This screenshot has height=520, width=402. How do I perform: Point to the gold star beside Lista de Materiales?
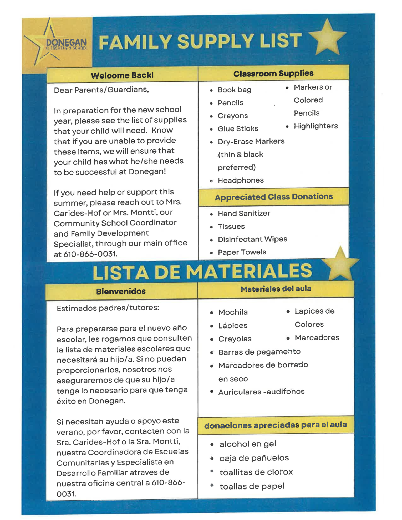coord(340,264)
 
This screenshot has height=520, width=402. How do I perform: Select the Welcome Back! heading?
coord(122,75)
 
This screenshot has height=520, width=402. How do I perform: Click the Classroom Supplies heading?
coord(273,73)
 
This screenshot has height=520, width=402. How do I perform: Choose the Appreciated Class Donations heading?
coord(273,197)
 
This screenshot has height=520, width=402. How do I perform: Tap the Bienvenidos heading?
coord(121,291)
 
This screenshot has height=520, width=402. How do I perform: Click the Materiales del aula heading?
coord(276,289)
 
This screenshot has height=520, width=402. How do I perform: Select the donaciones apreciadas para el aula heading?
coord(275,425)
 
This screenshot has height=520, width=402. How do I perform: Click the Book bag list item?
coord(234,90)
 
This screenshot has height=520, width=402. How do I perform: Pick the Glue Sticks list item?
coord(238,129)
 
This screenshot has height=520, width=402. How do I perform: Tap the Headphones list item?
coord(241,180)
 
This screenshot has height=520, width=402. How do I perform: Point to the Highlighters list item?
coord(316,126)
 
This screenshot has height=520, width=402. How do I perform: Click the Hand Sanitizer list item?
coord(244,214)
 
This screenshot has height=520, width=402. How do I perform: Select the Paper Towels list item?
coord(242,252)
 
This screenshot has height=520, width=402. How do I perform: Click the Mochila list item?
coord(233,312)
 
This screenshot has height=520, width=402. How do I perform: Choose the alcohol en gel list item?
coord(248,444)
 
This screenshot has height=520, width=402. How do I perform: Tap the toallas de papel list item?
coord(252,486)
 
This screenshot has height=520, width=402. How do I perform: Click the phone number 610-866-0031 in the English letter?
coord(90,254)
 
